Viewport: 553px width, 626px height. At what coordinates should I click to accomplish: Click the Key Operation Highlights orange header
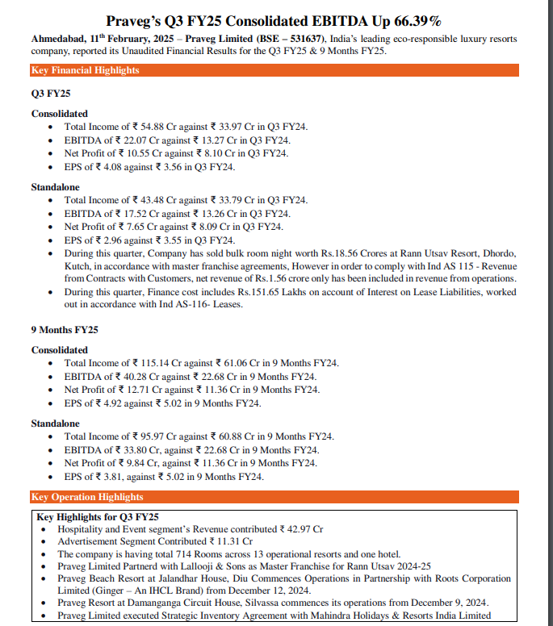coord(86,497)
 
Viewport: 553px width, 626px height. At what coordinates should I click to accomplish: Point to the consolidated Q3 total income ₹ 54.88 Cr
coord(147,127)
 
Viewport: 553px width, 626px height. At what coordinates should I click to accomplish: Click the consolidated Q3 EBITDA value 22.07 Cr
coord(136,140)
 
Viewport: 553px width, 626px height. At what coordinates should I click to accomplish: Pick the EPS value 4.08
coord(115,166)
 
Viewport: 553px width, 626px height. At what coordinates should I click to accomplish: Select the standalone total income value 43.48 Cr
coord(147,200)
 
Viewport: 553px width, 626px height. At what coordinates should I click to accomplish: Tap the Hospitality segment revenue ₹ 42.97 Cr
coord(302,529)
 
